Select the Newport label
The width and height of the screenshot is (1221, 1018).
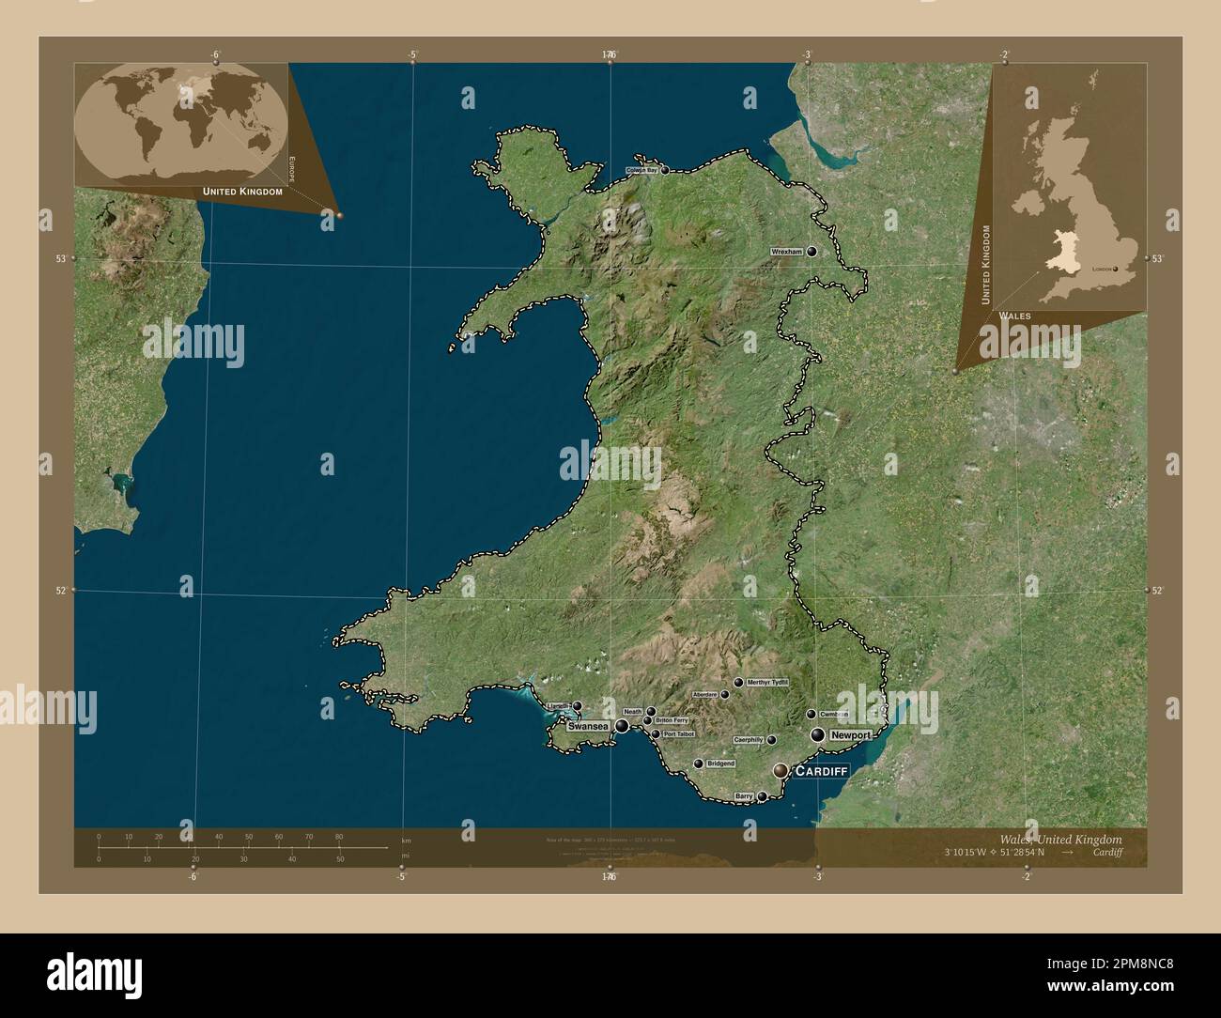(x=851, y=734)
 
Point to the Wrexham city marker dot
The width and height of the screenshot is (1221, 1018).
(x=811, y=252)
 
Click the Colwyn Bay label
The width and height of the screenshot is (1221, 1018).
(x=642, y=171)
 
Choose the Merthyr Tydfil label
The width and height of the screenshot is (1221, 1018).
(x=767, y=682)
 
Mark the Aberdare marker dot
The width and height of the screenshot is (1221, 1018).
(x=725, y=694)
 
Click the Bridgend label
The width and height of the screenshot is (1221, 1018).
(x=720, y=763)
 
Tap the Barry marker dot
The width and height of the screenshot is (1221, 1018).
(x=763, y=796)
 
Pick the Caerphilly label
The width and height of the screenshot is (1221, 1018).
(x=749, y=740)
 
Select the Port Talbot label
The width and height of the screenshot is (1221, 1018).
(x=678, y=733)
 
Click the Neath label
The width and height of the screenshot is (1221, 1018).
(x=633, y=712)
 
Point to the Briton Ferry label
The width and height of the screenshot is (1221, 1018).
(x=672, y=720)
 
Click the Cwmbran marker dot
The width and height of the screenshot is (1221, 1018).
(x=811, y=714)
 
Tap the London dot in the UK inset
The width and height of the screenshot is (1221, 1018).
(x=1118, y=269)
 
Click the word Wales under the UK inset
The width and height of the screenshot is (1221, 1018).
(x=1014, y=316)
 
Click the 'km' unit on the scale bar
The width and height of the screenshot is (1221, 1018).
(x=406, y=840)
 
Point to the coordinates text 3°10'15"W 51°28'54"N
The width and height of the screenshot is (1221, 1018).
(x=996, y=853)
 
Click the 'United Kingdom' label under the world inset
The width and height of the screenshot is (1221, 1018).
(x=242, y=191)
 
